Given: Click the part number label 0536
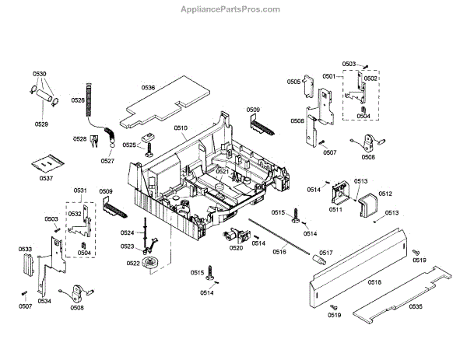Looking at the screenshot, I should click(x=148, y=88).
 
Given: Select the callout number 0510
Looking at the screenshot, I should click(x=181, y=127).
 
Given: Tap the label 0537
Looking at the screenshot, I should click(x=47, y=179).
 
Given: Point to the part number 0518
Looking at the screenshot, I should click(x=374, y=281).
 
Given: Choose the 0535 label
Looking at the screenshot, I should click(x=415, y=307).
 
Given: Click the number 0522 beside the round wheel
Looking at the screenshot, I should click(x=133, y=264).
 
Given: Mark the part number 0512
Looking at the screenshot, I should click(x=384, y=194).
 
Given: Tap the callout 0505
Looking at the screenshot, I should click(x=293, y=82).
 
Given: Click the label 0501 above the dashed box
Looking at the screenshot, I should click(x=328, y=75).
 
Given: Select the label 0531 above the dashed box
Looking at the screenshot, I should click(x=80, y=190).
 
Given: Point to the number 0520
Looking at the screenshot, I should click(x=236, y=248).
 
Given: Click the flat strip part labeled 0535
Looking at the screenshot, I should click(x=397, y=299).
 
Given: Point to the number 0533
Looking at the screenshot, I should click(x=26, y=250).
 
